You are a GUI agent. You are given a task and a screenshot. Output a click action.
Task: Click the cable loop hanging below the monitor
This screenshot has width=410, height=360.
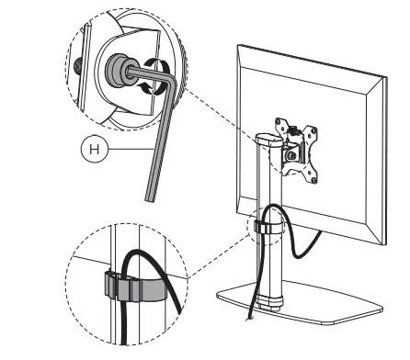pyautogui.click(x=303, y=243)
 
